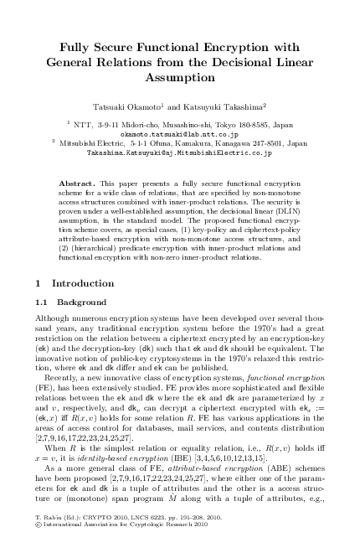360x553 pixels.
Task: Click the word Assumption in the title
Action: point(180,76)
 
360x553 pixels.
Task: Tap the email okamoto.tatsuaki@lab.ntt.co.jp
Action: point(180,133)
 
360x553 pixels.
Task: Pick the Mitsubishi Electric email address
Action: point(180,153)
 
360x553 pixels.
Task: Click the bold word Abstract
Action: point(76,182)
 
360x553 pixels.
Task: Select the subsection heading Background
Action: point(82,302)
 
